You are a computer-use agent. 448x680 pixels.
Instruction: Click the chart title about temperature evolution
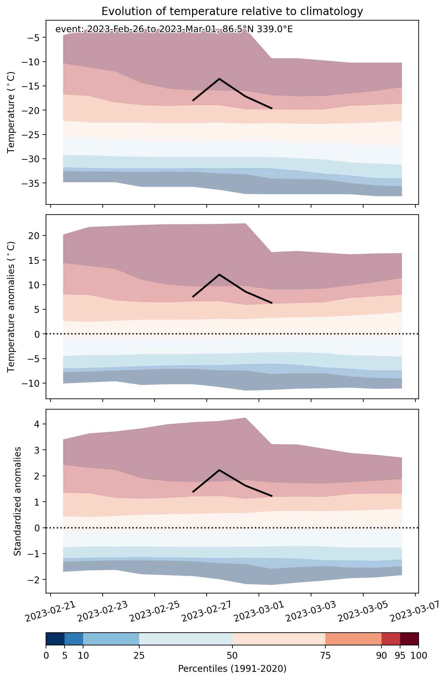tap(232, 11)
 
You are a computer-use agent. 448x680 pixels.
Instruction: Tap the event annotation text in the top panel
tap(174, 29)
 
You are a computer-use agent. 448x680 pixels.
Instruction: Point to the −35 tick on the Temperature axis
tap(32, 183)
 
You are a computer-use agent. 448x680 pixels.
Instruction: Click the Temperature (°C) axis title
tap(11, 112)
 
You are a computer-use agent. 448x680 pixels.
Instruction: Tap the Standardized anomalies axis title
tap(18, 501)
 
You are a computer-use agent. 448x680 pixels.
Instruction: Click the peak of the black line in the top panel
tap(219, 79)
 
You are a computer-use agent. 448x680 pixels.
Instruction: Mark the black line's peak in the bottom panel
tap(219, 470)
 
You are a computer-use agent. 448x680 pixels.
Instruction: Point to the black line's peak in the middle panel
tap(219, 274)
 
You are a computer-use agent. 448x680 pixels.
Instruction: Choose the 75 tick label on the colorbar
tap(325, 656)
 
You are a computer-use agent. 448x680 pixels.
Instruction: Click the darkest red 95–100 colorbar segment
tap(409, 639)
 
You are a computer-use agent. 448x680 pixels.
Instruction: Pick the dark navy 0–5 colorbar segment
tap(55, 639)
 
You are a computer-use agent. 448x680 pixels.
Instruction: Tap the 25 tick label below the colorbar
tap(139, 656)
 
